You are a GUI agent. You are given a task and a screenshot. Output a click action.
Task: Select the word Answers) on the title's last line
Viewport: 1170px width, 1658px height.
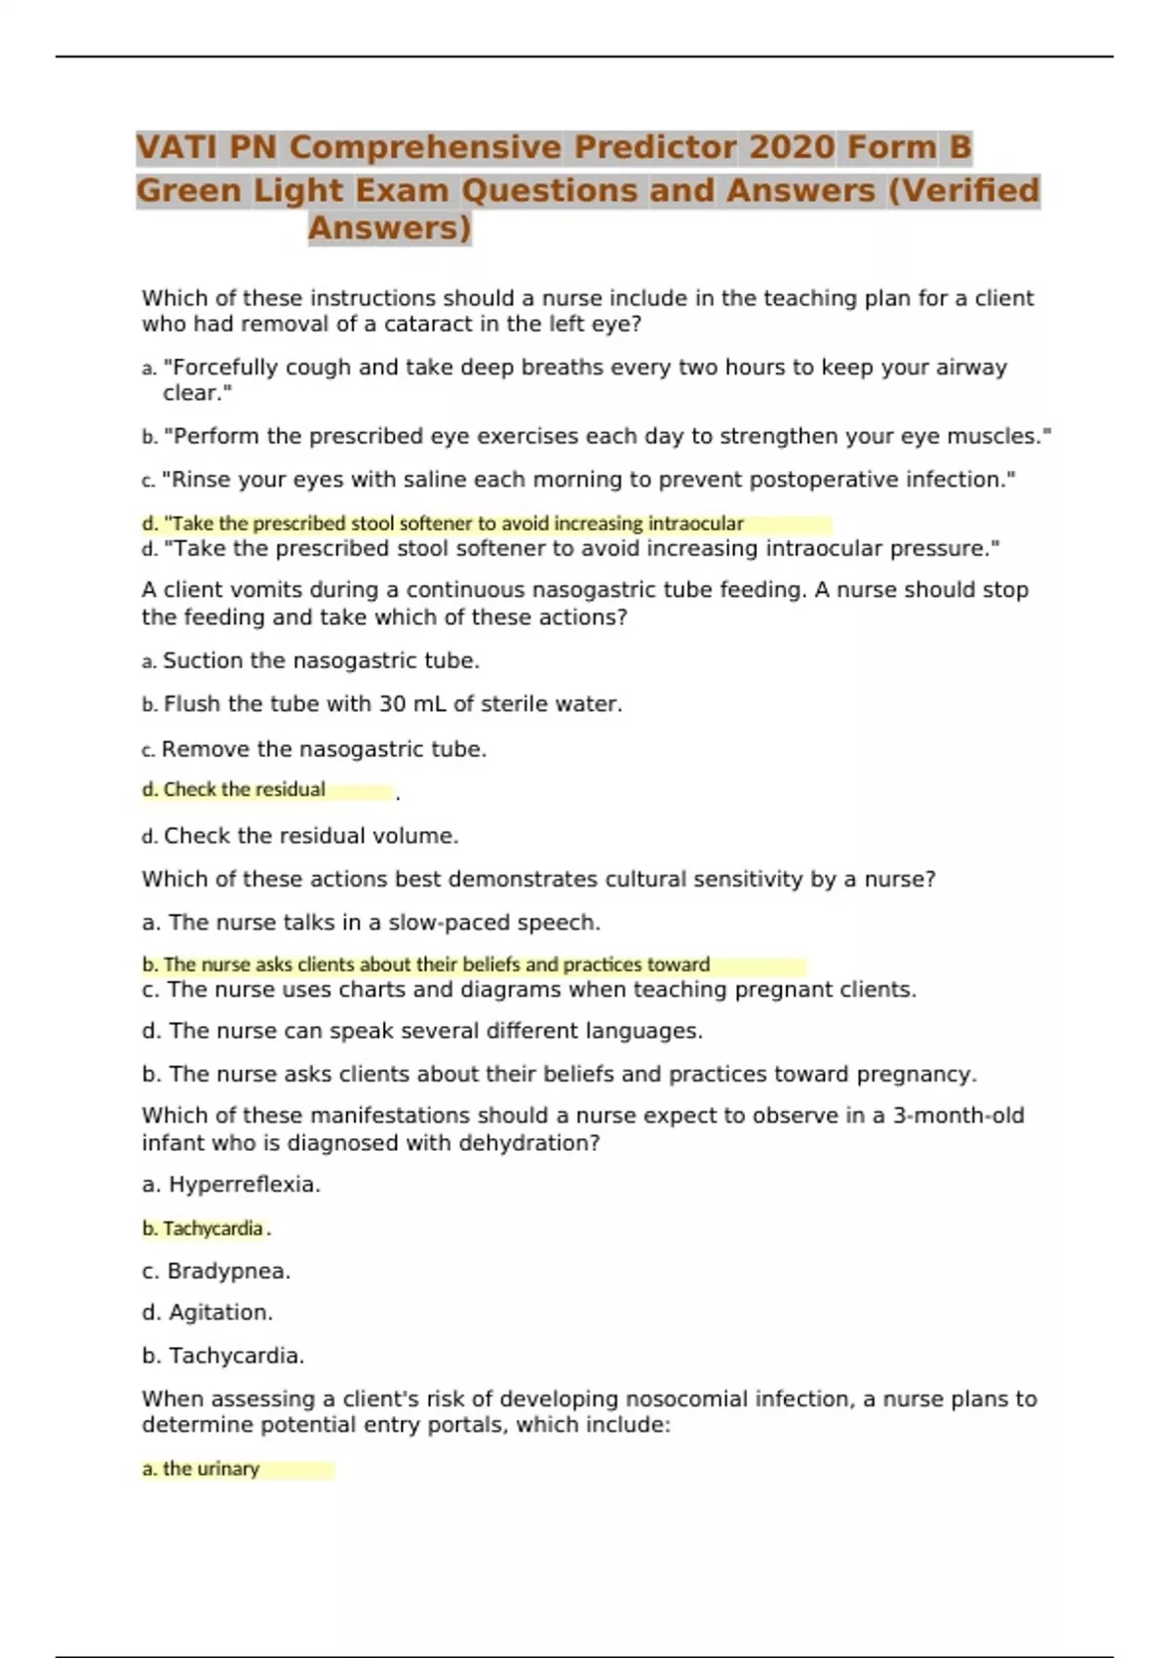tap(390, 228)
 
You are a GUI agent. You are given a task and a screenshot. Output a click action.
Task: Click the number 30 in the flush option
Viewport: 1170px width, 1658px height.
tap(391, 704)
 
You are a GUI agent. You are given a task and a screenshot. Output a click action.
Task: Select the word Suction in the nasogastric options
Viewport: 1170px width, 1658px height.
tap(203, 661)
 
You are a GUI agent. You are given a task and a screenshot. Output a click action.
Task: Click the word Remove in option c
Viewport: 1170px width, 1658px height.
tap(205, 749)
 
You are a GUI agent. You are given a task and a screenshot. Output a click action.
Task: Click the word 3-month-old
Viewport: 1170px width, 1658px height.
tap(958, 1116)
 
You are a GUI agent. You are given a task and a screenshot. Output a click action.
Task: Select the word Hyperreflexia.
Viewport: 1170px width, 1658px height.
tap(245, 1185)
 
